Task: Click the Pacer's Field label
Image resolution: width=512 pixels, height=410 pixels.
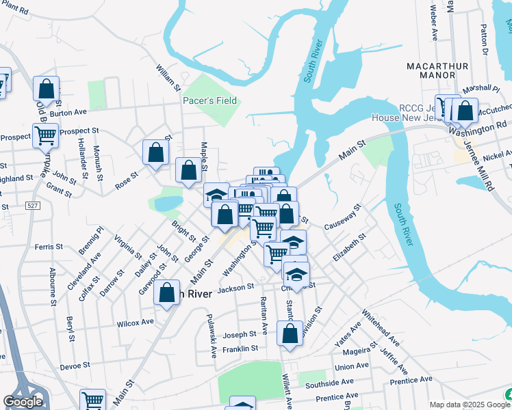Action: (209, 101)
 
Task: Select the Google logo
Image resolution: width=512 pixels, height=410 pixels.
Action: (23, 401)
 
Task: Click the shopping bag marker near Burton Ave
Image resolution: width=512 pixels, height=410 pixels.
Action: (46, 89)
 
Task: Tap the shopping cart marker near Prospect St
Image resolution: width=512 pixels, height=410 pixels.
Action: (45, 135)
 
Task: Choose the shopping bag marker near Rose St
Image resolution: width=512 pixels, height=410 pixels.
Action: (155, 152)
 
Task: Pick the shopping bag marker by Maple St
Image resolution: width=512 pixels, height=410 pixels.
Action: (189, 171)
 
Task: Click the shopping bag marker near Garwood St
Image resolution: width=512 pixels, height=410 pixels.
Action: (167, 294)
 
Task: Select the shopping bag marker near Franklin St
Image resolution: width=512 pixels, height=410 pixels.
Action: (290, 334)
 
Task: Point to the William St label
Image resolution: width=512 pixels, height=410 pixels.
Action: (168, 79)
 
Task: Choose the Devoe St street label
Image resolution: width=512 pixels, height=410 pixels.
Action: (75, 366)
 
